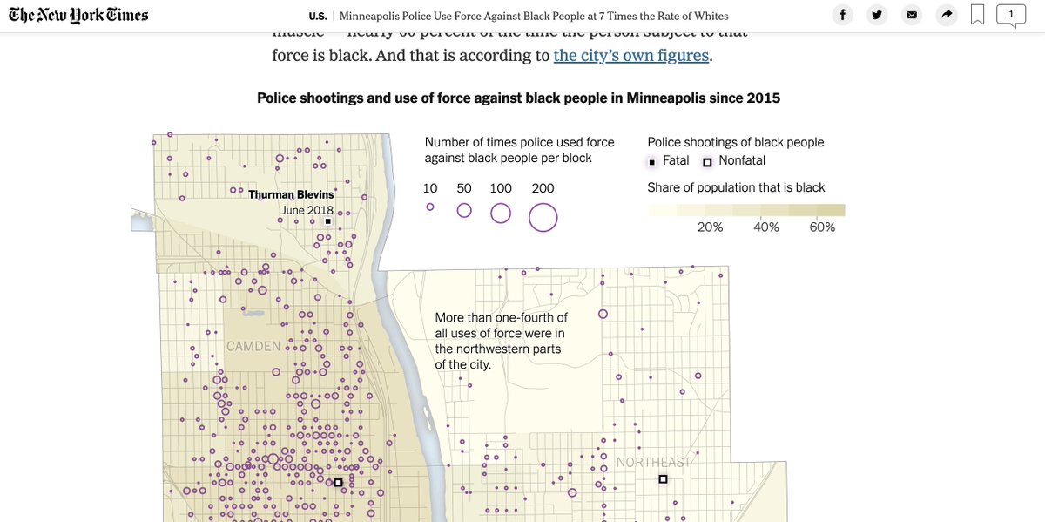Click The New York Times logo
[78, 16]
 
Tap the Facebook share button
[842, 15]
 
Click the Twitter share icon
[877, 15]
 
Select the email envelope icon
[912, 15]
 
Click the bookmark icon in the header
[977, 15]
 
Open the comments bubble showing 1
[1011, 15]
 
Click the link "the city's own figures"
[631, 56]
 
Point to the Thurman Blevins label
[291, 194]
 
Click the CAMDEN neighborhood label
[253, 346]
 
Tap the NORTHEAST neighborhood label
[653, 462]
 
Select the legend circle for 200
[543, 217]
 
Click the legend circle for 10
[430, 207]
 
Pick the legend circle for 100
[501, 213]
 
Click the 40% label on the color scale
[766, 227]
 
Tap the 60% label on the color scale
[822, 227]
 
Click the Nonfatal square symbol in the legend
[707, 162]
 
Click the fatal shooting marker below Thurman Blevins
[327, 221]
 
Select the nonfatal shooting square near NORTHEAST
[663, 479]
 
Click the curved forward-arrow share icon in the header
[946, 15]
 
